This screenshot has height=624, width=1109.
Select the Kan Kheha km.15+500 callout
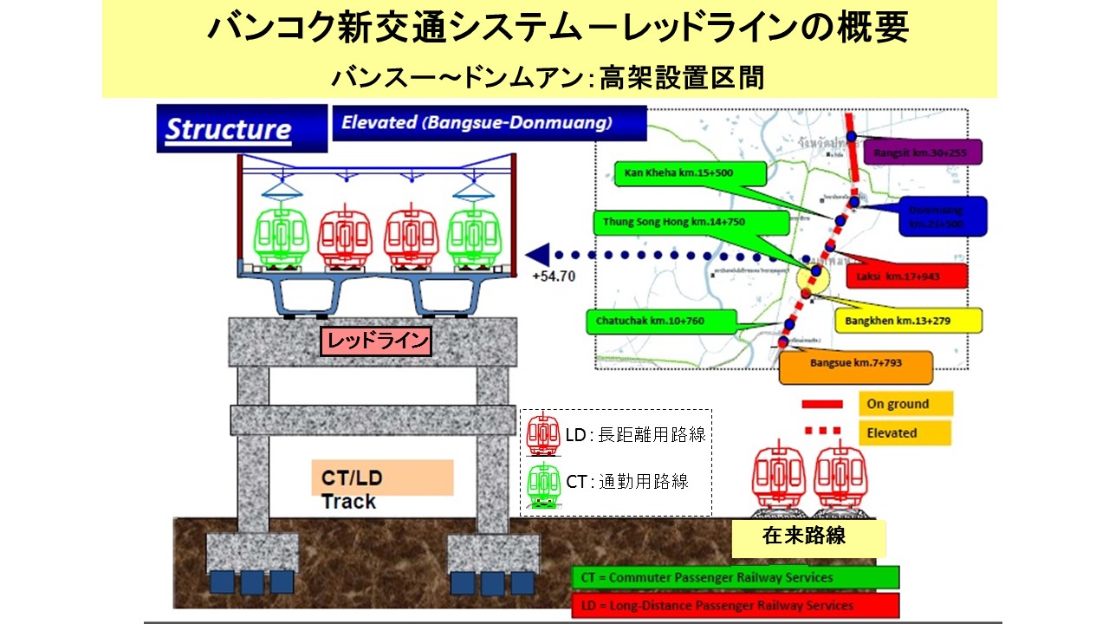(678, 173)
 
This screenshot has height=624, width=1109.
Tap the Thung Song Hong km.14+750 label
(690, 222)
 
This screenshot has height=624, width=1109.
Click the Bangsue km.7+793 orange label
(855, 364)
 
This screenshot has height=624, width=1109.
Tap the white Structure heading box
(229, 130)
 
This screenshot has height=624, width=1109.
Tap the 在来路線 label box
(807, 537)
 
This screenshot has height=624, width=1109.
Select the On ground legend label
(905, 404)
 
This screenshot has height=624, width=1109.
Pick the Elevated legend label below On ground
(904, 432)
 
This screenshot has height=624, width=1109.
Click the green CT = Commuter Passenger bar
(735, 577)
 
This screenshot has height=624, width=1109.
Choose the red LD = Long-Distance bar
(735, 605)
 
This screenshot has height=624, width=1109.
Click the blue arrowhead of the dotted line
(539, 255)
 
